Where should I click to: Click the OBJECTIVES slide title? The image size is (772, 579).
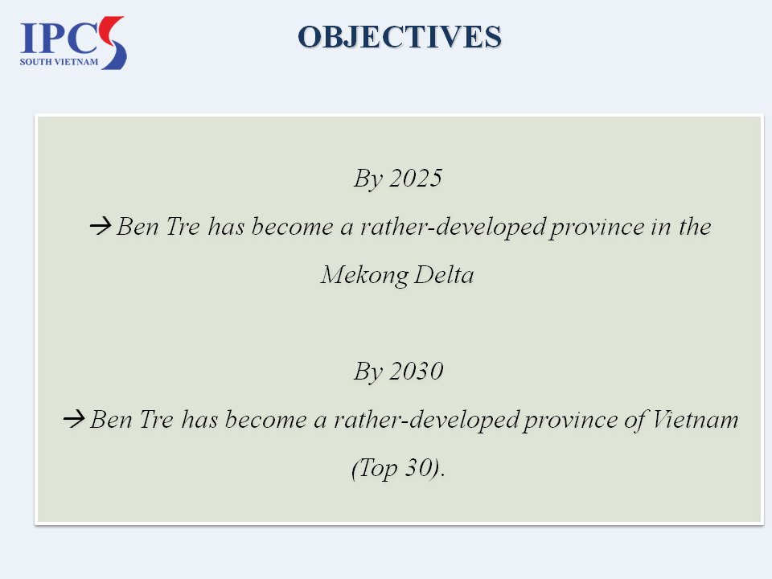(x=400, y=37)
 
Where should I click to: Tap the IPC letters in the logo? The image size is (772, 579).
(x=59, y=38)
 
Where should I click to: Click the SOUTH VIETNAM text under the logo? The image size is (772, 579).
(x=59, y=62)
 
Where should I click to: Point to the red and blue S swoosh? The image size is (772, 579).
(x=113, y=43)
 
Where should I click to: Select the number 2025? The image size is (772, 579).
(x=416, y=178)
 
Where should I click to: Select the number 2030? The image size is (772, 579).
(x=416, y=371)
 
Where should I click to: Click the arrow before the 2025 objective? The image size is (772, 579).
(x=101, y=226)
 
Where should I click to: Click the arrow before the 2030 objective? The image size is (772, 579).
(x=74, y=419)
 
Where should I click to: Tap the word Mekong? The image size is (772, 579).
(x=364, y=275)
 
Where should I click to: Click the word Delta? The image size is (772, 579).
(x=444, y=274)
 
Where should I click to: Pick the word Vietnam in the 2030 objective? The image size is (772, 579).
(x=695, y=420)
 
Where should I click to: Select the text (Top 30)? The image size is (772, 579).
(x=398, y=468)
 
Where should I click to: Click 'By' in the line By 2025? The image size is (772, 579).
(x=368, y=179)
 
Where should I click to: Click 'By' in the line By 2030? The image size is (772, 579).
(x=368, y=372)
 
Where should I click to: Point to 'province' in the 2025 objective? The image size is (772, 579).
(x=597, y=228)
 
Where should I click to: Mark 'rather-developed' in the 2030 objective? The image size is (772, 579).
(x=426, y=421)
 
